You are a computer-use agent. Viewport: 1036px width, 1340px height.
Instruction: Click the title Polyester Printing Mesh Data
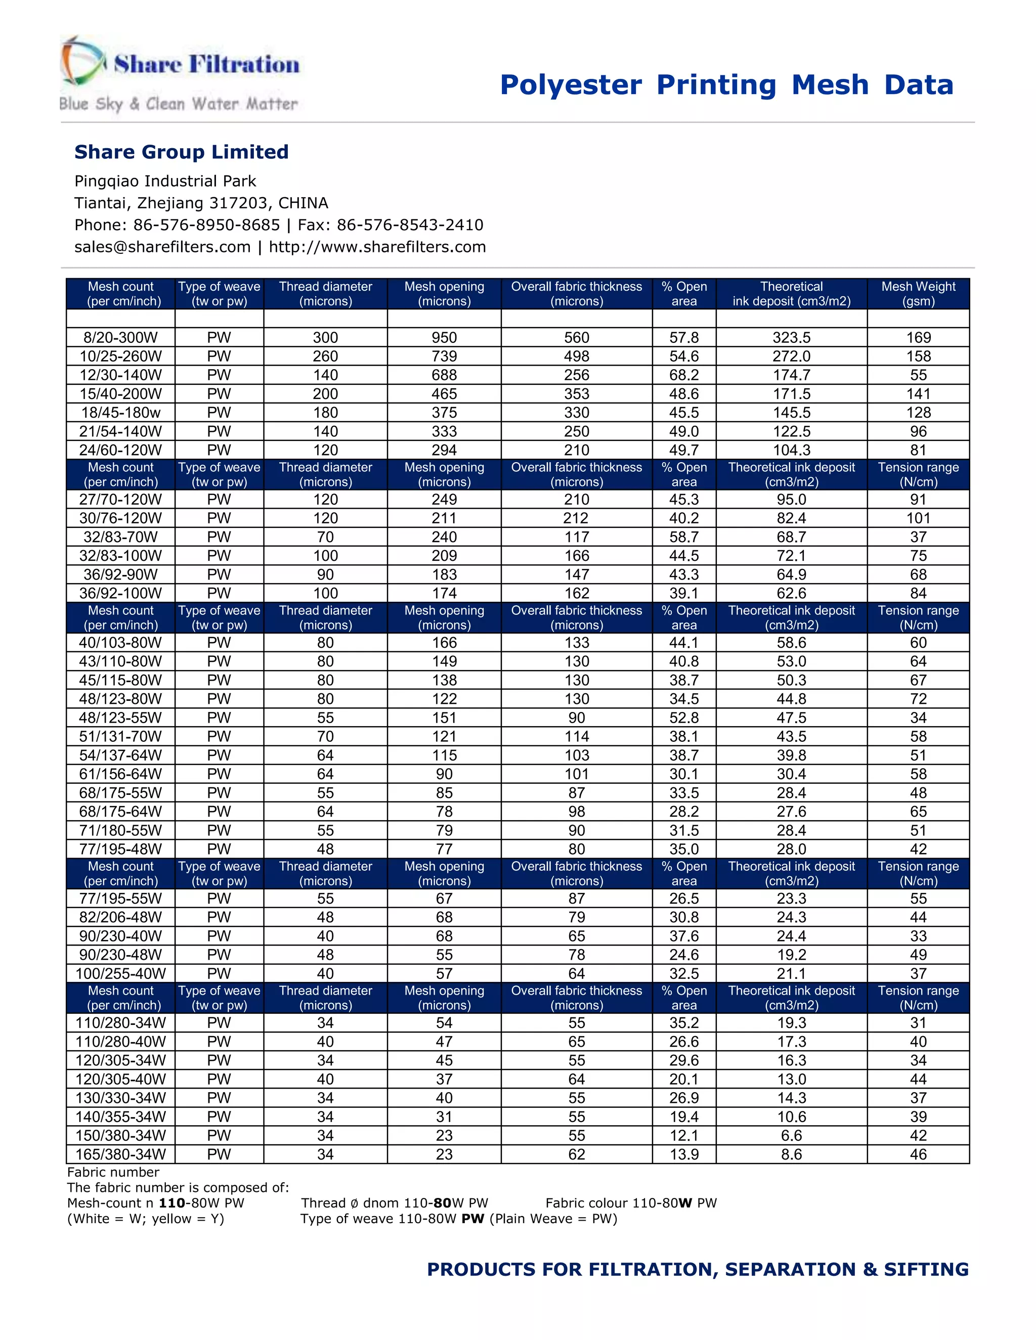pos(727,84)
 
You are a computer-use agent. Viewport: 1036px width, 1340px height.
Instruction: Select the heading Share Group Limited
pos(181,152)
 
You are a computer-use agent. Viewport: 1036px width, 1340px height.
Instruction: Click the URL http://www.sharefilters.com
pos(377,247)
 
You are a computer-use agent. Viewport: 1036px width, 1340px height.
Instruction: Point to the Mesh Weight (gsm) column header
pos(918,294)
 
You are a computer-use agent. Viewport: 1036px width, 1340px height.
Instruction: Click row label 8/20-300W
pos(120,337)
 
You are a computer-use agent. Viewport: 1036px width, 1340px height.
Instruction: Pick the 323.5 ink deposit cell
pos(791,337)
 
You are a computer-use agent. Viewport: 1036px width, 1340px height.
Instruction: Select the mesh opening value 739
pos(444,356)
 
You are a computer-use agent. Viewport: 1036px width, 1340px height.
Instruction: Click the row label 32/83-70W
pos(120,537)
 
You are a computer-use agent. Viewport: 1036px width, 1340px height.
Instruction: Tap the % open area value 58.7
pos(684,537)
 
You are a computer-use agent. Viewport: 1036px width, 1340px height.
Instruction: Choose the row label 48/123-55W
pos(120,718)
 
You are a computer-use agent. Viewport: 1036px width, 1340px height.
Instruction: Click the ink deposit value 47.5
pos(791,718)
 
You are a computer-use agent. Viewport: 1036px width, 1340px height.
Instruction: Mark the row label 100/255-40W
pos(120,974)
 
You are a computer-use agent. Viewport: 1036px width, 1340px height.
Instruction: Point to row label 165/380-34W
pos(120,1154)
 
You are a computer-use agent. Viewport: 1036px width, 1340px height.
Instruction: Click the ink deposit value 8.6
pos(791,1154)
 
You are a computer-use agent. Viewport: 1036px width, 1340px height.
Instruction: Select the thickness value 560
pos(576,337)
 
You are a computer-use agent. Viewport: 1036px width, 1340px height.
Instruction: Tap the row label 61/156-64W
pos(120,774)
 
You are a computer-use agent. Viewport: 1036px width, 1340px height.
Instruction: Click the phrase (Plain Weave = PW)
pos(553,1219)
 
